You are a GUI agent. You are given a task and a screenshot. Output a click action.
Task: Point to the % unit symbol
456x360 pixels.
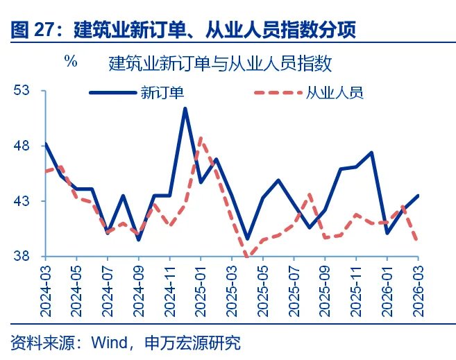pyautogui.click(x=71, y=60)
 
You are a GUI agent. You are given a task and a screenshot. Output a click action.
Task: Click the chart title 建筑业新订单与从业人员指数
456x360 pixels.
pyautogui.click(x=220, y=64)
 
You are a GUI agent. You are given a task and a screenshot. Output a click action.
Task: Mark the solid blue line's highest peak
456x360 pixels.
pyautogui.click(x=185, y=108)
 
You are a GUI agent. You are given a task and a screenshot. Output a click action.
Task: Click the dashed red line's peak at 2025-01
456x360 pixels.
pyautogui.click(x=201, y=138)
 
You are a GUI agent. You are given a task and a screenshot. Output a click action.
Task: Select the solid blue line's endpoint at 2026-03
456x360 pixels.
pyautogui.click(x=418, y=196)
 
